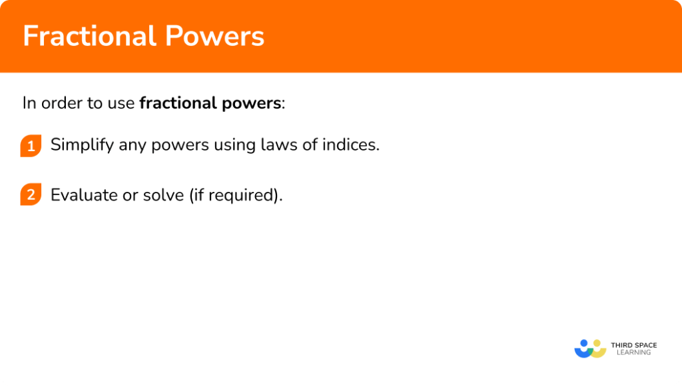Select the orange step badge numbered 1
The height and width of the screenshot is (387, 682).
[31, 145]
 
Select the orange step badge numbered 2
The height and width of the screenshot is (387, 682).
[31, 195]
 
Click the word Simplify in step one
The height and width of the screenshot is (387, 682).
[82, 145]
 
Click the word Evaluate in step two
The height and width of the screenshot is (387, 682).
[81, 195]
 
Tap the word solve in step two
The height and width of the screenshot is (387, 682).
[159, 195]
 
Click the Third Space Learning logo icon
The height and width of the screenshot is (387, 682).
[589, 348]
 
